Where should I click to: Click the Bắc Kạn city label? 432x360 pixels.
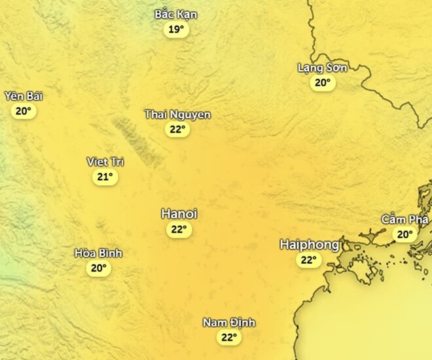click(176, 14)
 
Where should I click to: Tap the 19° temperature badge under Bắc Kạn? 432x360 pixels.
click(176, 29)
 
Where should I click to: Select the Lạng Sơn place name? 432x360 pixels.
click(322, 67)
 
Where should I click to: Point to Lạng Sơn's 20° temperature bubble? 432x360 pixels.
click(322, 82)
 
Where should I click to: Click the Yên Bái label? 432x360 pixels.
click(24, 96)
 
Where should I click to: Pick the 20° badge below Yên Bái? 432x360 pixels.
click(24, 111)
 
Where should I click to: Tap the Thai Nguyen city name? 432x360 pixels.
click(177, 115)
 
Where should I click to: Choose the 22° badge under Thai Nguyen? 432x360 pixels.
click(177, 130)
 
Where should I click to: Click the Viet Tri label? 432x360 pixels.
click(105, 162)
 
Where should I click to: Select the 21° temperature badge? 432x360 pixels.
click(105, 177)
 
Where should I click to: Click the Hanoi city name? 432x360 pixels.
click(179, 214)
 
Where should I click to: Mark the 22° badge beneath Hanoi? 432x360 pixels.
click(179, 229)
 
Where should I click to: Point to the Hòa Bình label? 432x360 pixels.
click(98, 253)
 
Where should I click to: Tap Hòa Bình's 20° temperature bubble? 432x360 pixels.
click(98, 268)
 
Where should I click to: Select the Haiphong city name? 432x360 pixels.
click(309, 245)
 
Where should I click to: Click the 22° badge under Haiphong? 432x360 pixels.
click(308, 260)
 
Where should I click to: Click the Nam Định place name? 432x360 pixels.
click(228, 323)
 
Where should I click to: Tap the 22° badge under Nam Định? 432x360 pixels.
click(228, 338)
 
